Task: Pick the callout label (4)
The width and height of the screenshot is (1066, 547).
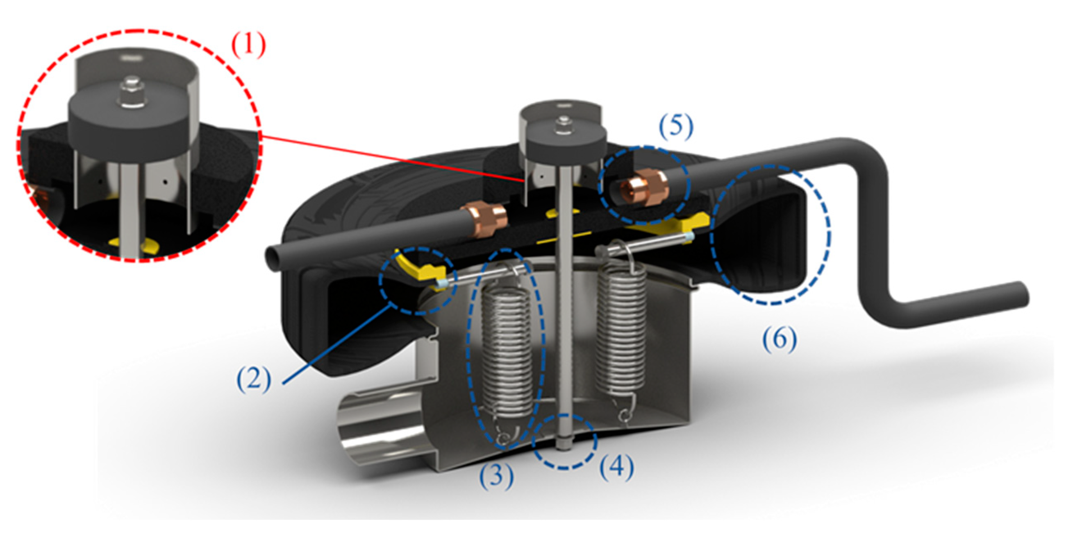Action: pyautogui.click(x=616, y=468)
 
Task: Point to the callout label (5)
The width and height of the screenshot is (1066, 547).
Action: pyautogui.click(x=676, y=127)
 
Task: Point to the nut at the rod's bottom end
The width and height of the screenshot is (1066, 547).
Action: pyautogui.click(x=564, y=445)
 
